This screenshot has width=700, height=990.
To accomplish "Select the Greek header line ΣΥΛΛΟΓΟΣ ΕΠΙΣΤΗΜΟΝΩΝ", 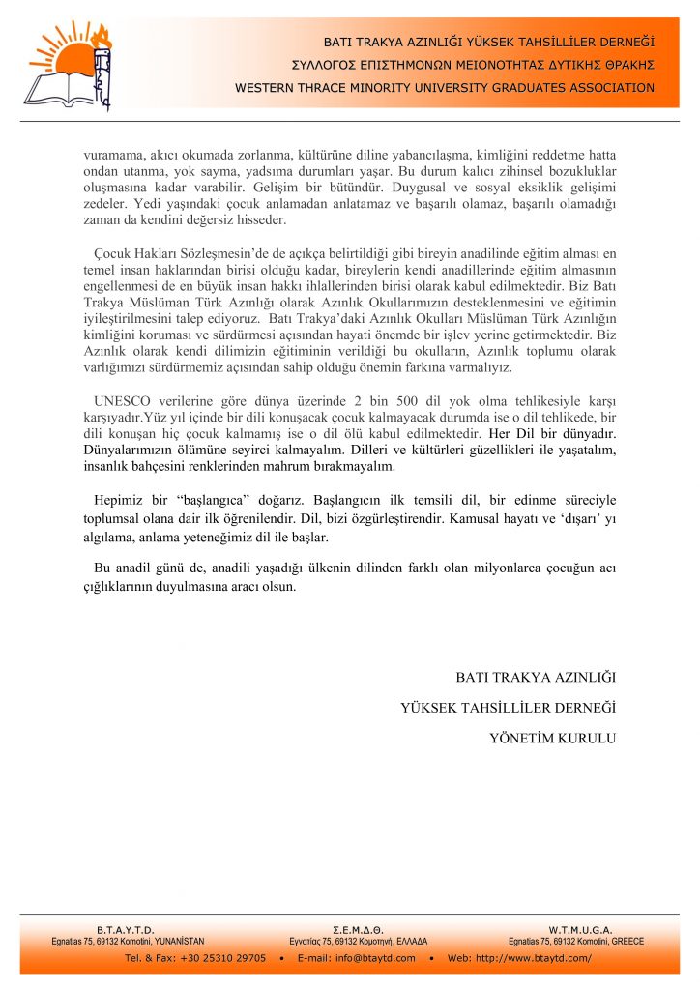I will pos(473,65).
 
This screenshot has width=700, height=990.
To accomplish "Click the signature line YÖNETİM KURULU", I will pos(552,739).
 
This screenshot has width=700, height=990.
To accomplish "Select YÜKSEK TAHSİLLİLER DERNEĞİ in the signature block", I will pos(508,708).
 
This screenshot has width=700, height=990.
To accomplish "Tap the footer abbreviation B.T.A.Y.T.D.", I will pos(126,928).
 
